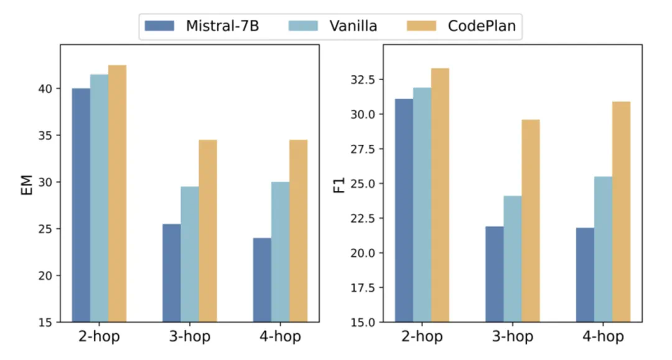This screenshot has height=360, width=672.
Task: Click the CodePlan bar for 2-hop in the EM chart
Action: [117, 193]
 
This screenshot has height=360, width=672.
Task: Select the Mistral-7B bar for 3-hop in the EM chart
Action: [172, 273]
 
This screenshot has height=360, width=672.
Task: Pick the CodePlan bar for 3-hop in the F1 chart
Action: [531, 221]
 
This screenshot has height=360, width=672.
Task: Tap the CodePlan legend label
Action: [482, 26]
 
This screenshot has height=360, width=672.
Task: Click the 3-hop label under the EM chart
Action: [190, 337]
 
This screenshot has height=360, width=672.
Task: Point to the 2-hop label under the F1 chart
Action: [422, 337]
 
